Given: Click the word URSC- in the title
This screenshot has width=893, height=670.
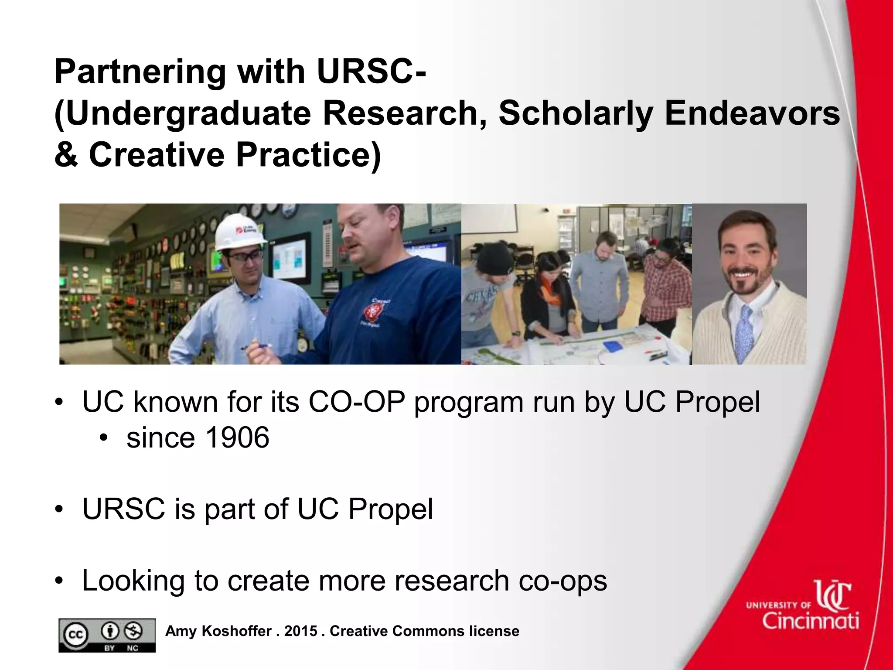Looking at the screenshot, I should click(x=371, y=72).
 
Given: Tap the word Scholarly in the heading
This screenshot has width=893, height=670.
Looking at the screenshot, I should click(x=576, y=113).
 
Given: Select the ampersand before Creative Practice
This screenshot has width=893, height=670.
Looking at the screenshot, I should click(x=66, y=155).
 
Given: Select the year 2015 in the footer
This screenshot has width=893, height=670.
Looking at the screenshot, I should click(x=300, y=631).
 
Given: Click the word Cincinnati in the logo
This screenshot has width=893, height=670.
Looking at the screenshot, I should click(x=811, y=620).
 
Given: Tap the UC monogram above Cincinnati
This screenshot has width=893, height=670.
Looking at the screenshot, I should click(x=833, y=595).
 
